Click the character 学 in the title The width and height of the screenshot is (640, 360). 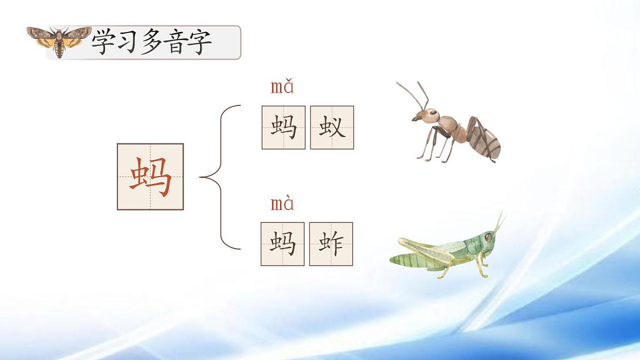(x=103, y=42)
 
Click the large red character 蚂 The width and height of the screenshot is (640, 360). (x=150, y=177)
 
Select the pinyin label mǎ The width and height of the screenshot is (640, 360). (x=282, y=86)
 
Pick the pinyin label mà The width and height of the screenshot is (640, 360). (x=282, y=204)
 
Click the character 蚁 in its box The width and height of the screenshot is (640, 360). (x=332, y=127)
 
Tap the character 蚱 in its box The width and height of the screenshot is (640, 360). (x=331, y=244)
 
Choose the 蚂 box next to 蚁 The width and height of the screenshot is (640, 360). (x=283, y=127)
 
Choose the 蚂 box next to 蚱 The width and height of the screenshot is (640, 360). (x=282, y=244)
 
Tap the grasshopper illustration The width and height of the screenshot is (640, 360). (x=448, y=249)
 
